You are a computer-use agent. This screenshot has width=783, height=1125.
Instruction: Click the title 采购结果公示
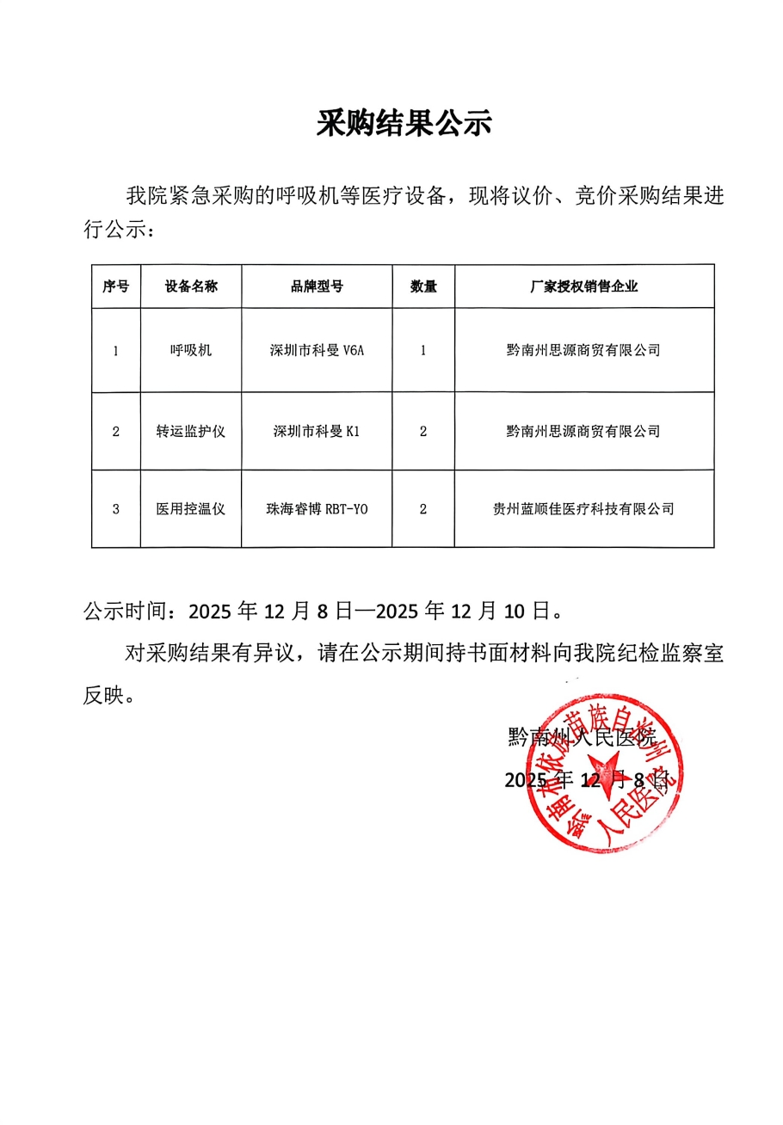[404, 124]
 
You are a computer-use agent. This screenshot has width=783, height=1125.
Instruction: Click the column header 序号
[115, 286]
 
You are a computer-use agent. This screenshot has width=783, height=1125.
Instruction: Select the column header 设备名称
[191, 286]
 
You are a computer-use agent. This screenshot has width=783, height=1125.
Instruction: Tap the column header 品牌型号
[317, 286]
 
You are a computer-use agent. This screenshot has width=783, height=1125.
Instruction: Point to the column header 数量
[422, 286]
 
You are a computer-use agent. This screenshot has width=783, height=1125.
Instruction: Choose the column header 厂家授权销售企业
[583, 286]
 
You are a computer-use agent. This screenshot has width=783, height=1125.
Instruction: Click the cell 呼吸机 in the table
[191, 350]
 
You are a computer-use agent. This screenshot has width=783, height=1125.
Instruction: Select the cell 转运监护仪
[191, 431]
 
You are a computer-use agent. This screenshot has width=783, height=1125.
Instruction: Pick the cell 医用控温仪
[191, 509]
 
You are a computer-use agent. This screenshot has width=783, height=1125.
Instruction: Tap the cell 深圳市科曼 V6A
[317, 350]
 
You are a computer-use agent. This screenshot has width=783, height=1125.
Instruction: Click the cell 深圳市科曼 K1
[317, 431]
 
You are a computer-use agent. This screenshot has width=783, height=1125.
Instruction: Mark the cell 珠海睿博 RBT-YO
[317, 509]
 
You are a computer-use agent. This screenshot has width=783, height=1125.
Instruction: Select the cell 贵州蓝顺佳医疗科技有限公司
[583, 509]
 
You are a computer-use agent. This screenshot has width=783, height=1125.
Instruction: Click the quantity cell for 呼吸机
[422, 350]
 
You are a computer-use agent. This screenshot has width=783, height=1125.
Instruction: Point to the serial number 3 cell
[115, 509]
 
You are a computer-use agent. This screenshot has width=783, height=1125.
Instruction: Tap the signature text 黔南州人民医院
[582, 737]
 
